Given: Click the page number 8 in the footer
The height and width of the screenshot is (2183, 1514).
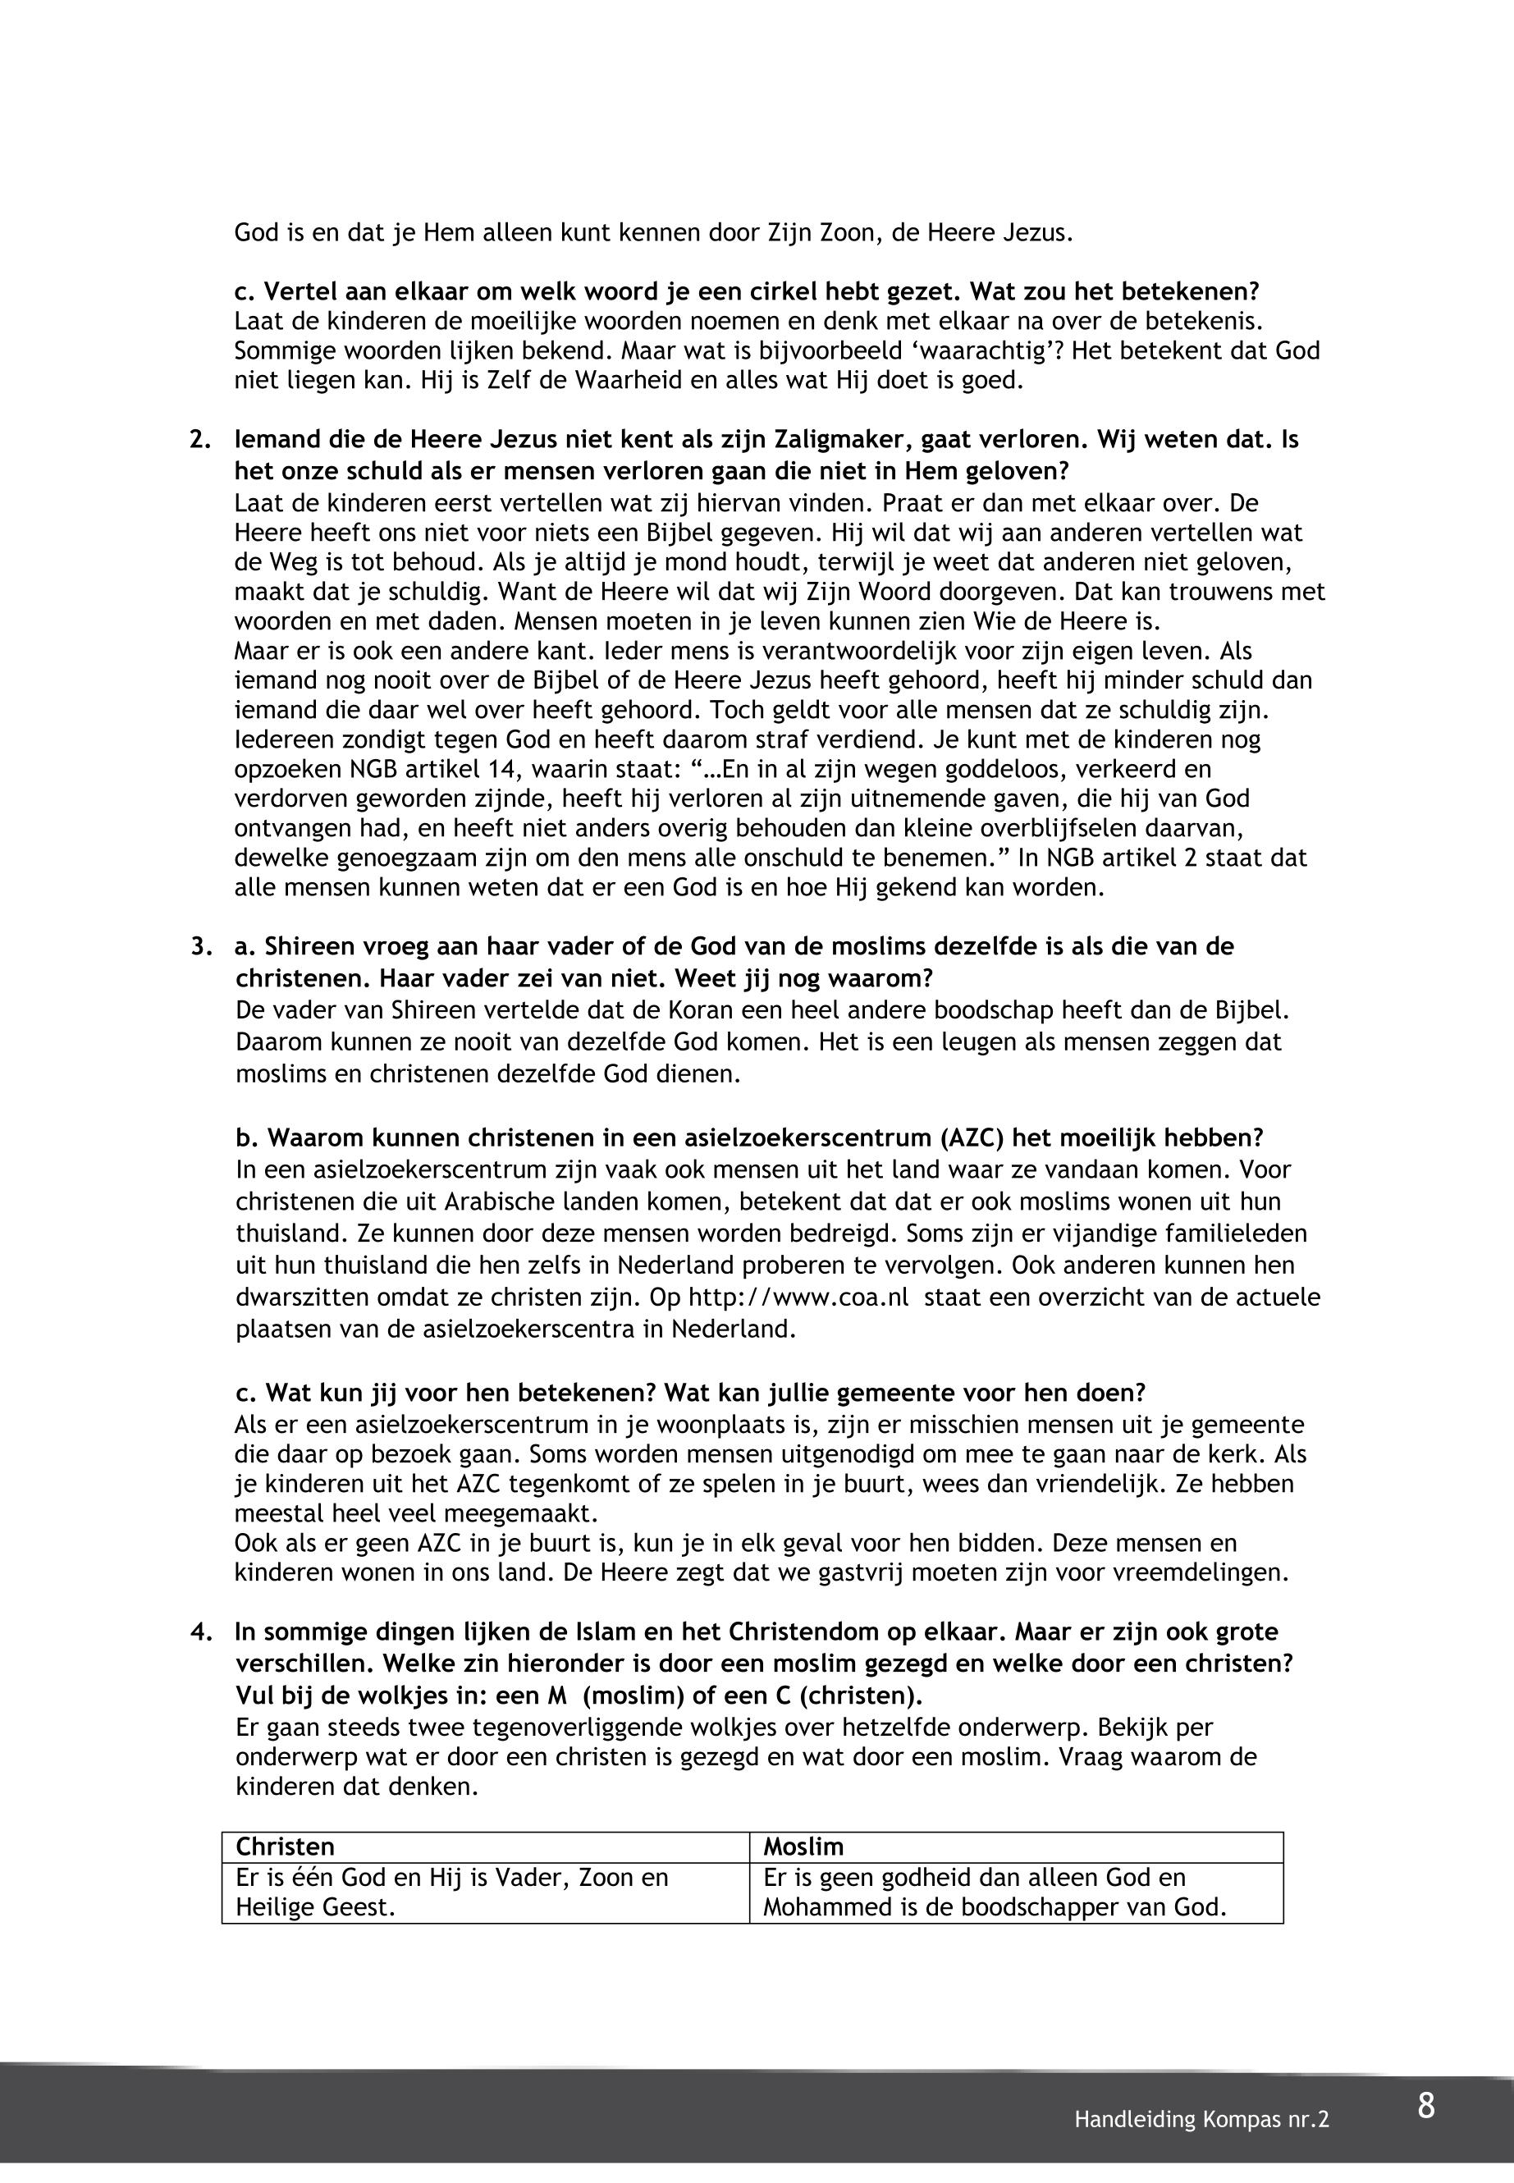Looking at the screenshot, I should click(x=1425, y=2106).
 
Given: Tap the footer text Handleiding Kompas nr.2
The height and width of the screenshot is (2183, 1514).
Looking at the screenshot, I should click(x=1201, y=2121).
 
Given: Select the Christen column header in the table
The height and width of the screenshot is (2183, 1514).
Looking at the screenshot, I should click(x=286, y=1847).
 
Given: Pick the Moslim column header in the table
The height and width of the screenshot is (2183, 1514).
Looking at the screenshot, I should click(x=803, y=1847).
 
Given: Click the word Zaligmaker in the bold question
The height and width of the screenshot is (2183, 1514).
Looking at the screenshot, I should click(x=846, y=439).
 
